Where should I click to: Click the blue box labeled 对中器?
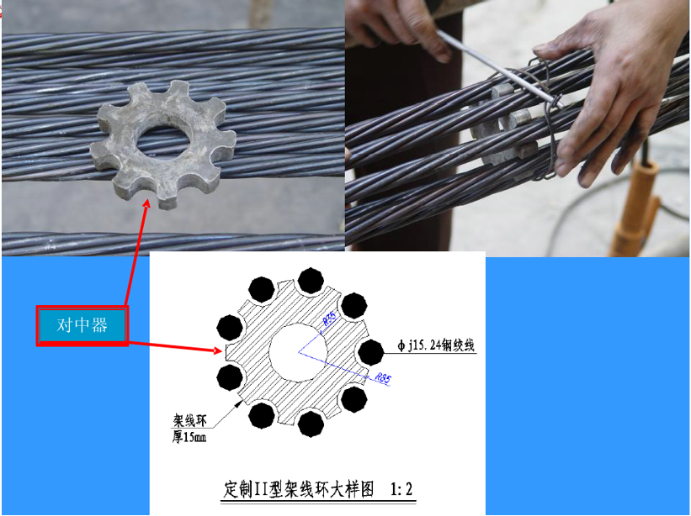click(x=82, y=325)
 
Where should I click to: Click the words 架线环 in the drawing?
click(x=191, y=420)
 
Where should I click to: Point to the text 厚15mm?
click(x=191, y=437)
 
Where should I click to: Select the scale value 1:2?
click(x=402, y=488)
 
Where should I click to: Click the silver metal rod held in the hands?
click(x=497, y=67)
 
